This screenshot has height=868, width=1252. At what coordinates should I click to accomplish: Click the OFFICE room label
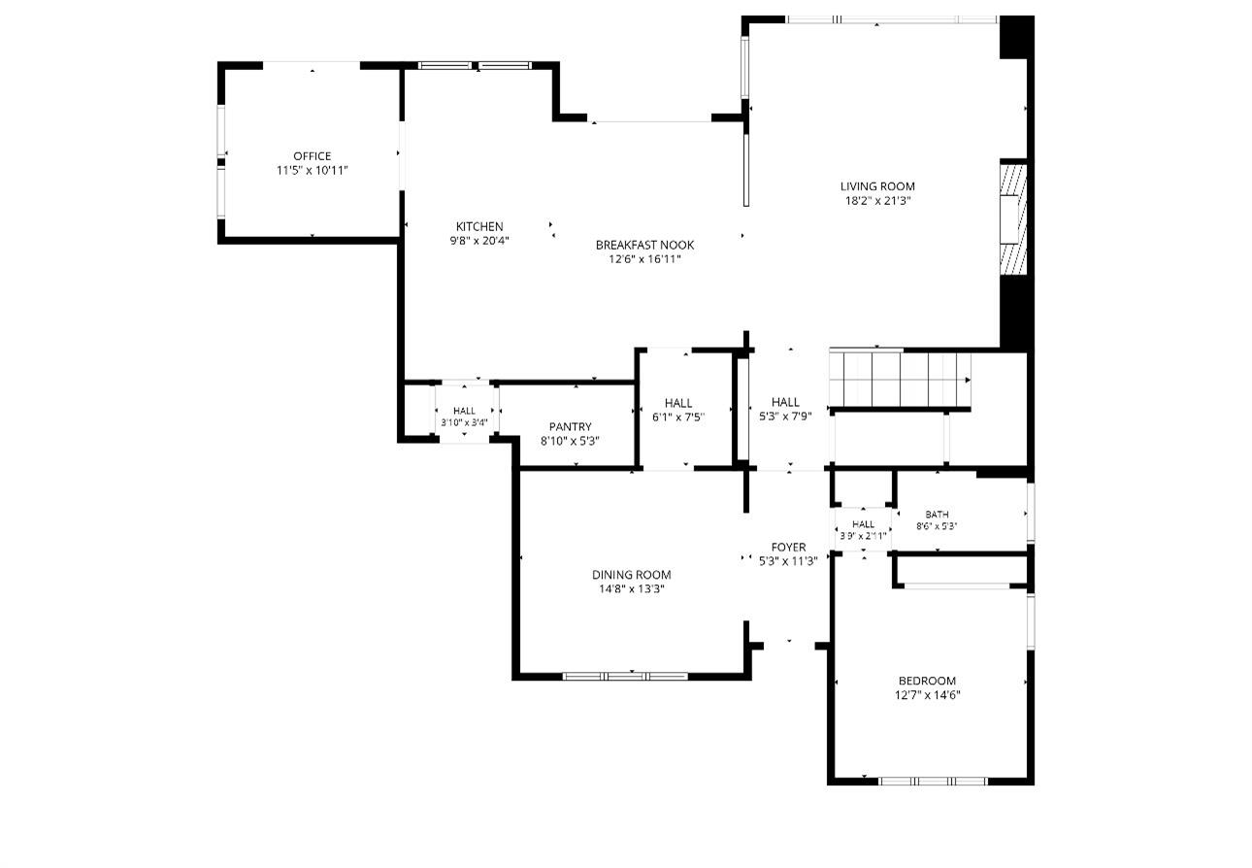coord(312,156)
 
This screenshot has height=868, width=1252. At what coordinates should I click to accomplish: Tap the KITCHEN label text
coord(479,226)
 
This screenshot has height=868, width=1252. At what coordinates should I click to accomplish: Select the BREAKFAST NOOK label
coord(644,245)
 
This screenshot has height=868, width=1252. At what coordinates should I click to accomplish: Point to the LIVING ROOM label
coord(877,186)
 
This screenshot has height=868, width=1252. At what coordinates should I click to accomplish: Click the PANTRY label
coord(570,427)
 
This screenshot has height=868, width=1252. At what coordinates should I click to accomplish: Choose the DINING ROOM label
coord(632,575)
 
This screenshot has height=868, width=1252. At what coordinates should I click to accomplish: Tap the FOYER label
coord(788,547)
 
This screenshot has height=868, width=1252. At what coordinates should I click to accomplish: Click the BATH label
coord(937,514)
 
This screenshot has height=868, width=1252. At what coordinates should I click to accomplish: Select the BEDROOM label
coord(927,681)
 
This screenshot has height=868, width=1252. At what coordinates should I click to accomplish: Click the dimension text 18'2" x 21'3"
coord(877,201)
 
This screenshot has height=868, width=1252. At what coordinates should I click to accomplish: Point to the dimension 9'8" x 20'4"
coord(479,241)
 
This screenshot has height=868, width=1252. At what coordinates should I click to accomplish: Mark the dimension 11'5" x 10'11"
coord(312,171)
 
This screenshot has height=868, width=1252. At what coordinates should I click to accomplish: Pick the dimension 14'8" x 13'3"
coord(632,589)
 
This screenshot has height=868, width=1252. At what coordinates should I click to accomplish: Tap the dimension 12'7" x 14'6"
coord(927,695)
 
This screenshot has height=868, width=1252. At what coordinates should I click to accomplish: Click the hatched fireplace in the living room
coord(1013,219)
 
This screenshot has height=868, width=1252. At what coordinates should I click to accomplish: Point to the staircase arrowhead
coord(968,381)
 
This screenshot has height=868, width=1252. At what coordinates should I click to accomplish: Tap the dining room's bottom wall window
coord(625,676)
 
